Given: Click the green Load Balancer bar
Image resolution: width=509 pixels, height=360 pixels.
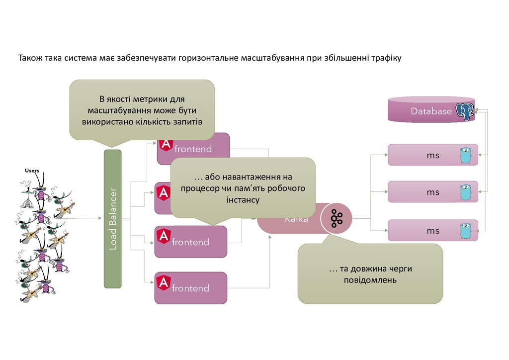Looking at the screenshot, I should click(112, 219).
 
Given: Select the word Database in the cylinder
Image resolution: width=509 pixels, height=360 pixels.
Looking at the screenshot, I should click(431, 111).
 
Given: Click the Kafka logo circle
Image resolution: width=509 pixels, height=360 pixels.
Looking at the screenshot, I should click(337, 218).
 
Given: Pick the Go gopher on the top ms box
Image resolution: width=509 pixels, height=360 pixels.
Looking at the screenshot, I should click(465, 155).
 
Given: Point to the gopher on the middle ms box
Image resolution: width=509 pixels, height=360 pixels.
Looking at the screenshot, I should click(465, 191).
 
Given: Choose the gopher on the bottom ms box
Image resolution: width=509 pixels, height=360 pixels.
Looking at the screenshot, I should click(465, 231).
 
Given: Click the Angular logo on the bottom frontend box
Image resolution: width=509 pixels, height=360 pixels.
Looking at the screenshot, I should click(163, 283).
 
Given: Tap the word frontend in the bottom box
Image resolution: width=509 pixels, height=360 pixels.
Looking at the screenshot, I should click(190, 288).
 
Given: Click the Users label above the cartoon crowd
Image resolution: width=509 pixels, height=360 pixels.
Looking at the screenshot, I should click(32, 171).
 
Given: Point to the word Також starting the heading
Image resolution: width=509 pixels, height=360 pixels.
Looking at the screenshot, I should click(30, 58).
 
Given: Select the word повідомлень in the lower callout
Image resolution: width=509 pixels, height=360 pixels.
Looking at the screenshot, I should click(370, 280).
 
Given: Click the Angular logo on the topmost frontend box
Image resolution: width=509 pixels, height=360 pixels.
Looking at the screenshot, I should click(166, 145).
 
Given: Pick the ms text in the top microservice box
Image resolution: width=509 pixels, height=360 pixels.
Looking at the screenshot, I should click(433, 155).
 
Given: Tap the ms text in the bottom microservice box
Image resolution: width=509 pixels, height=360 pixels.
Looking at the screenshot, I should click(433, 231).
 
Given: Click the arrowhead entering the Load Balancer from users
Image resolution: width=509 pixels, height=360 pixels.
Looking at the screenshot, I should click(101, 218).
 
